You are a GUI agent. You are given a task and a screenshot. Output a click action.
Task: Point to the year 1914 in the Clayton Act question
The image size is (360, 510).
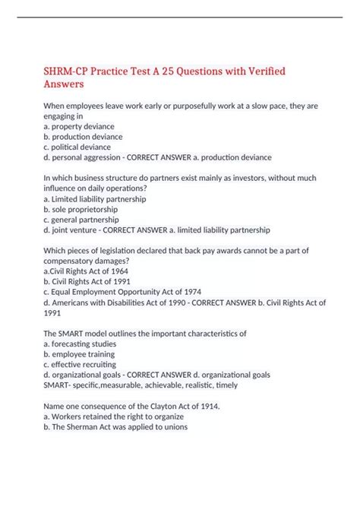pyautogui.click(x=206, y=406)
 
